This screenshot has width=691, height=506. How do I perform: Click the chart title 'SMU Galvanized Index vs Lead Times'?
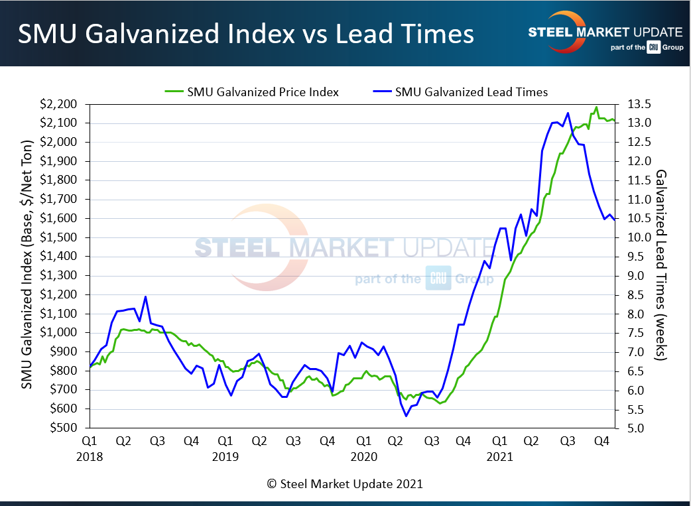(x=245, y=34)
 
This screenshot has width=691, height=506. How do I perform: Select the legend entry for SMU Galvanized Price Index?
(x=252, y=92)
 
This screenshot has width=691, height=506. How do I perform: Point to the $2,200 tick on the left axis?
(x=65, y=104)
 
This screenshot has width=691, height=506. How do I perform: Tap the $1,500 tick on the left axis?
(x=65, y=237)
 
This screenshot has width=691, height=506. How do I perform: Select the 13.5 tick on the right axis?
(x=631, y=104)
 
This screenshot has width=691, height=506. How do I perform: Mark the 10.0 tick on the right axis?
(x=631, y=237)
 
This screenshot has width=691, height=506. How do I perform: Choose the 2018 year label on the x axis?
(x=90, y=456)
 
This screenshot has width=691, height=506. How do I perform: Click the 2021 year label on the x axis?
(x=499, y=456)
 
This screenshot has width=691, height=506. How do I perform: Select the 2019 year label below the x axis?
(x=225, y=456)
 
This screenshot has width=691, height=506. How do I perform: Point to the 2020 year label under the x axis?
(x=363, y=456)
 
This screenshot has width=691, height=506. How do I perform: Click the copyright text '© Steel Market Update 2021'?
(x=345, y=483)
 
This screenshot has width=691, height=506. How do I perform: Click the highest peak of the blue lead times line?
(x=568, y=113)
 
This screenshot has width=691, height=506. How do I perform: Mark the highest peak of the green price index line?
(x=596, y=107)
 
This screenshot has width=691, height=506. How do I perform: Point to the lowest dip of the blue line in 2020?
(x=406, y=416)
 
